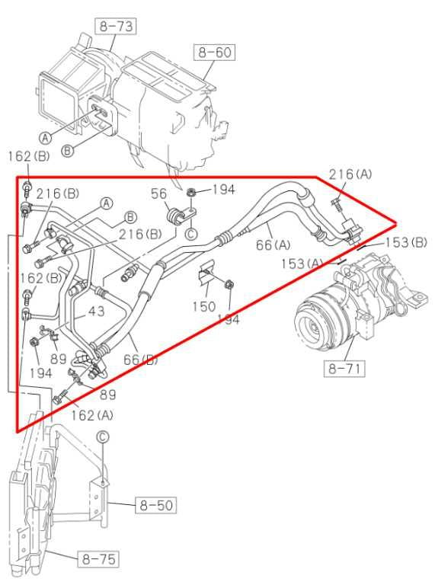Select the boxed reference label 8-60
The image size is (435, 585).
(214, 53)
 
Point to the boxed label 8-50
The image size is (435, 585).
(155, 505)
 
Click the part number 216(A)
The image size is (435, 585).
(351, 174)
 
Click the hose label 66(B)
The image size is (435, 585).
(140, 359)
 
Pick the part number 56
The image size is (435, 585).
(158, 195)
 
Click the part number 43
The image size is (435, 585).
(97, 312)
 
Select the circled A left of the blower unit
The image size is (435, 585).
(45, 138)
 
